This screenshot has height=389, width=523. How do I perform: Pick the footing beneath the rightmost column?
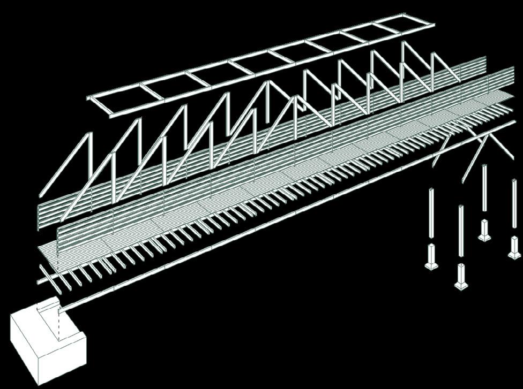pos(515,247)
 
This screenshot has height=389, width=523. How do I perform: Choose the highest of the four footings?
pos(484,230)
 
